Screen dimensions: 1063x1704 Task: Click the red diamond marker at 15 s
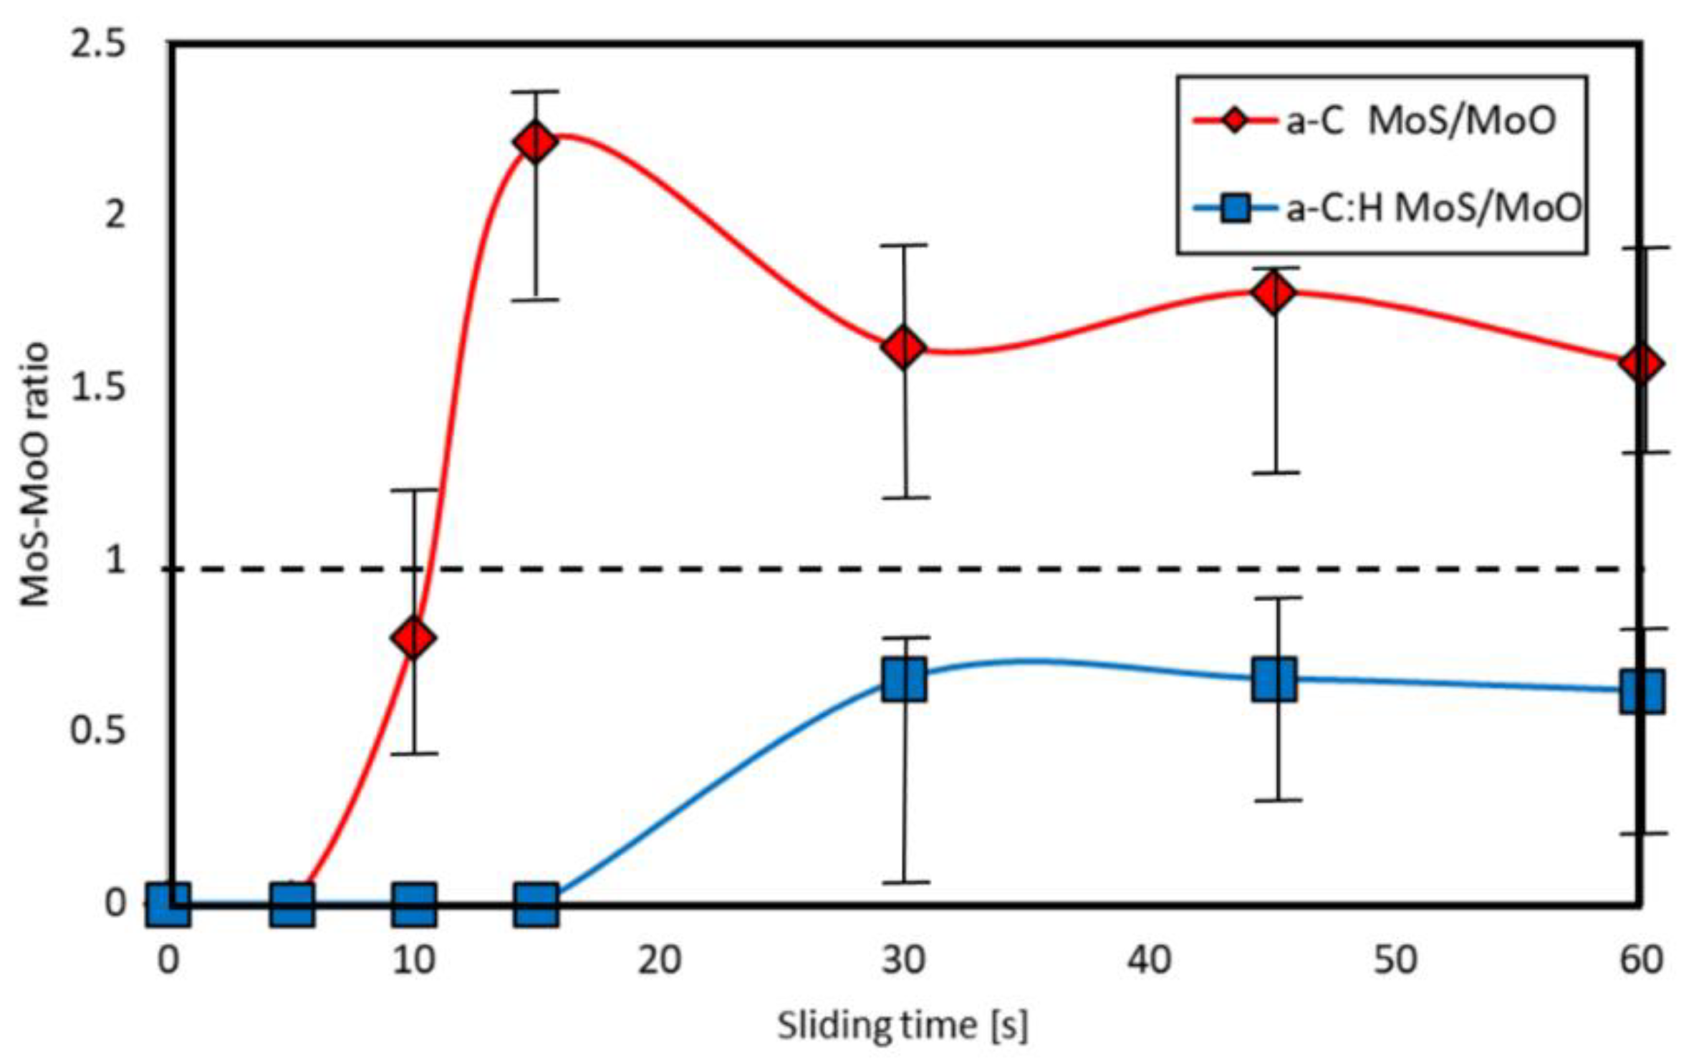coord(536,142)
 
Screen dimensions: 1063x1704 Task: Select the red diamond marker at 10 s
coord(414,637)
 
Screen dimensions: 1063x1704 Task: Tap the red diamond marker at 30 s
coord(903,348)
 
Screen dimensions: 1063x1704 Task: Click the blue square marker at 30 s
coord(904,679)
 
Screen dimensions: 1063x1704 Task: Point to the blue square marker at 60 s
coord(1641,692)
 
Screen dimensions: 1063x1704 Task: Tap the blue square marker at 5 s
coord(292,904)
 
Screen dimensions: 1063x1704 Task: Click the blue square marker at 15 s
coord(536,904)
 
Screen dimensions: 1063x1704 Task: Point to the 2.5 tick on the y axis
coord(97,45)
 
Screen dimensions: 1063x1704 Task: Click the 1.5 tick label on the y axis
coord(97,388)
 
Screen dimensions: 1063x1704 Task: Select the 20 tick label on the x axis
coord(659,961)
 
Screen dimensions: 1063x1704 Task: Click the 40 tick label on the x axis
coord(1149,961)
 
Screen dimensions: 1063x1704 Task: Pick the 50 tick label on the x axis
coord(1395,961)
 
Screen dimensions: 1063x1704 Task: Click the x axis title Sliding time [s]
coord(902,1025)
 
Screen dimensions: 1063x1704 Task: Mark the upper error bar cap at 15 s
coord(536,92)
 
